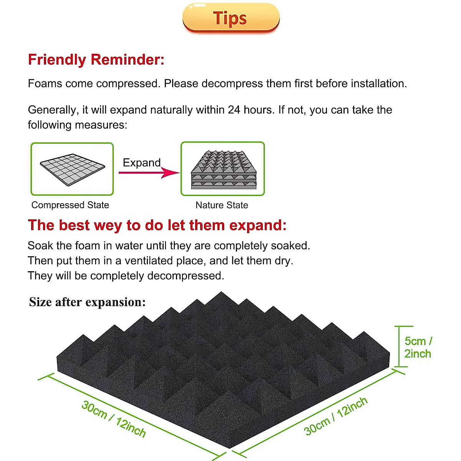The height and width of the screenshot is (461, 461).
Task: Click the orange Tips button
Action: (230, 18)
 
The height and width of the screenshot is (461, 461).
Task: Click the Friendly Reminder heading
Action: (96, 60)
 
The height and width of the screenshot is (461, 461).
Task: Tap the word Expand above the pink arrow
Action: (141, 163)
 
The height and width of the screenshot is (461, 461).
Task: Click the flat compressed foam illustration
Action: (72, 169)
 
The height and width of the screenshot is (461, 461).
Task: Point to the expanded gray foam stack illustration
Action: (223, 169)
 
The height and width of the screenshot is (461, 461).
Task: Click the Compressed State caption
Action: (70, 205)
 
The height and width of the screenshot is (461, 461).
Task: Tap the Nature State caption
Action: (222, 205)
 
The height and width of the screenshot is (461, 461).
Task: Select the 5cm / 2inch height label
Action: (418, 347)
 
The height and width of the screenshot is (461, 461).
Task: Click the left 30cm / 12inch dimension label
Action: (114, 419)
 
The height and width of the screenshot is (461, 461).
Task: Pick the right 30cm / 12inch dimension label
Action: (336, 416)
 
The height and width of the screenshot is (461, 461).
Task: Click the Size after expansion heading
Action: (87, 302)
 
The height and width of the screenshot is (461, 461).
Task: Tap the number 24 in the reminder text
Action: (234, 110)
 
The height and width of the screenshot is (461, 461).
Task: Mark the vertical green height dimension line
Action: (398, 347)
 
